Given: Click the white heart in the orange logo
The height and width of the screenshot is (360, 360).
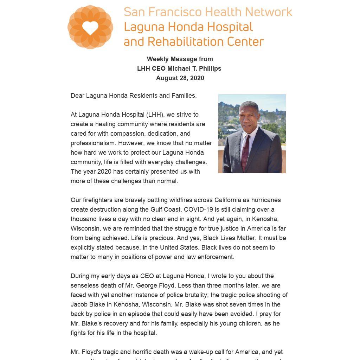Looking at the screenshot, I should point(90,28).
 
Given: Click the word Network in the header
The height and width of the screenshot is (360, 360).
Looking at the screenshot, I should point(269,12).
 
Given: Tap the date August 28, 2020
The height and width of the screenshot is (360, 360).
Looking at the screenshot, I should point(180,78).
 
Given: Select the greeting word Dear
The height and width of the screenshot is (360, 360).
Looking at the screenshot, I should point(77,96).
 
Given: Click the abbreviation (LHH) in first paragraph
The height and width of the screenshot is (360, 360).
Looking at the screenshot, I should point(155,115).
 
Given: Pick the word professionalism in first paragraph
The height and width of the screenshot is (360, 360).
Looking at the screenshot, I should point(93,143).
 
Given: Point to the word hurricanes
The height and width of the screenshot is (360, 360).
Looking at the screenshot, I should point(266,200).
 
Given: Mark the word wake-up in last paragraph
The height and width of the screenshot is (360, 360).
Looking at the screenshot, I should point(201,352).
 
